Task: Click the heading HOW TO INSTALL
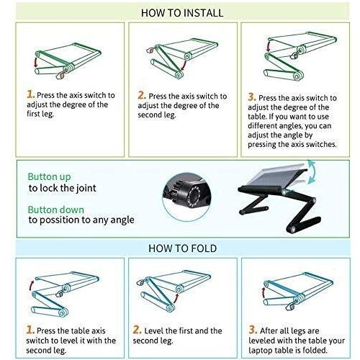click(x=182, y=13)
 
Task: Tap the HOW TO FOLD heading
click(x=182, y=248)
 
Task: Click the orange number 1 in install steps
click(x=30, y=94)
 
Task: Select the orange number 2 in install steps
click(x=142, y=95)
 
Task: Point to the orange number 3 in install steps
click(x=252, y=97)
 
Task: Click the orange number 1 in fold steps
click(x=30, y=330)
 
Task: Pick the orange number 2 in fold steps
click(x=137, y=330)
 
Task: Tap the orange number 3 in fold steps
click(x=253, y=330)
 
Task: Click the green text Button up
click(x=49, y=177)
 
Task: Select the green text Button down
click(x=56, y=210)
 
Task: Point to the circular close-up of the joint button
click(x=186, y=197)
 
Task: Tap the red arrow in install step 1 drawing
click(x=36, y=62)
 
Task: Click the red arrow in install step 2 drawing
click(x=184, y=66)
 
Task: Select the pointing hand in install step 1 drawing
click(x=60, y=76)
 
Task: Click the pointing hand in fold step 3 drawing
click(x=290, y=307)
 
